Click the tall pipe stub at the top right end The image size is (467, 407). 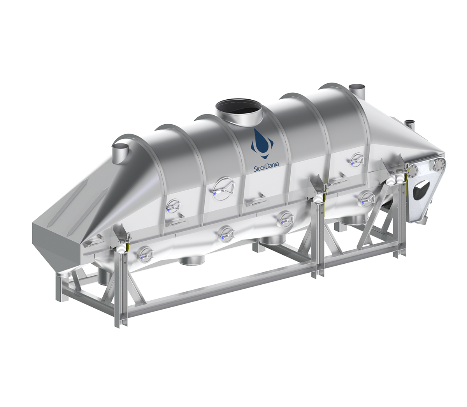click(357, 92)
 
